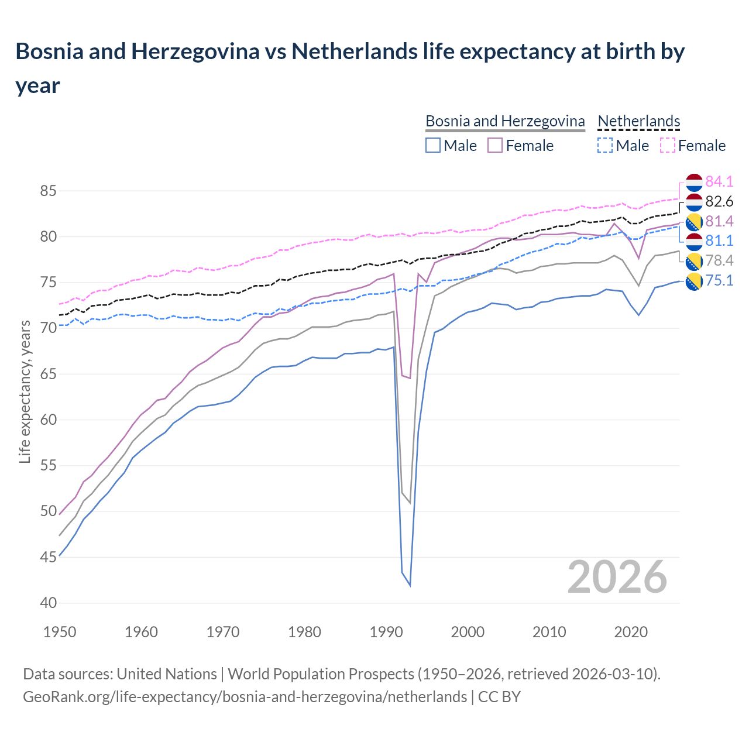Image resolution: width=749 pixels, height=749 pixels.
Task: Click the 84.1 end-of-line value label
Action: click(x=719, y=181)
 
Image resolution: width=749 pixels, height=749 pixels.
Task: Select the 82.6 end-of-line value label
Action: click(x=719, y=201)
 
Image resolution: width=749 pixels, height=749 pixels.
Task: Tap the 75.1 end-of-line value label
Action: click(x=719, y=280)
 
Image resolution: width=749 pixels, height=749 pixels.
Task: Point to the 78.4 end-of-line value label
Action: click(x=719, y=260)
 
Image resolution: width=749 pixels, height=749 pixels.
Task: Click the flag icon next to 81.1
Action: click(x=694, y=241)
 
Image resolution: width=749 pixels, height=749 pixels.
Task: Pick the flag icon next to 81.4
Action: click(x=694, y=221)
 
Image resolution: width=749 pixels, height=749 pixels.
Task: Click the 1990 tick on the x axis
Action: click(x=386, y=632)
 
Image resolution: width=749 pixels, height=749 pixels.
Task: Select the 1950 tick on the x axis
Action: click(x=60, y=632)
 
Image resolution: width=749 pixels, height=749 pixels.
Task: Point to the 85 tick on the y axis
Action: click(x=49, y=191)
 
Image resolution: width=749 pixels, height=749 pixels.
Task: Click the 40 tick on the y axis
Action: click(x=49, y=603)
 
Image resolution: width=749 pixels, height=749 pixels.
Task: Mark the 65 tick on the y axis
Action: click(x=49, y=374)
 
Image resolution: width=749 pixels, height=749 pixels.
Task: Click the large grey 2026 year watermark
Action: click(x=617, y=577)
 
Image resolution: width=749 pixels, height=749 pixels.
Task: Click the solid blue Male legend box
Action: click(x=433, y=145)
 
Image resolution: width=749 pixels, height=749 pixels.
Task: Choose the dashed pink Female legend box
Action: click(x=667, y=145)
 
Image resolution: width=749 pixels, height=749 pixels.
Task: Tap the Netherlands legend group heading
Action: click(x=639, y=121)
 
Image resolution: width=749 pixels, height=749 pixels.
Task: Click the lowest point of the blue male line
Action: click(x=410, y=585)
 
